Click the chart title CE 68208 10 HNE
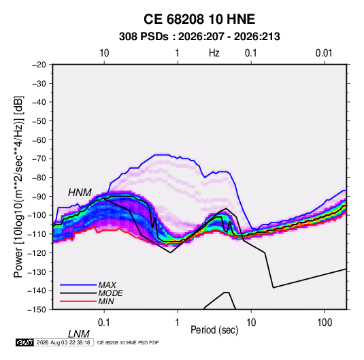[199, 19]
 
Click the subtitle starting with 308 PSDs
[199, 37]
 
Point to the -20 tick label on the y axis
[39, 65]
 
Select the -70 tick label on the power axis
[39, 159]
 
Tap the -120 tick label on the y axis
[37, 253]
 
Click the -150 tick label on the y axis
[37, 310]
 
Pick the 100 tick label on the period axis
[325, 323]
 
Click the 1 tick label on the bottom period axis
[178, 323]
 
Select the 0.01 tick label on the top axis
[324, 53]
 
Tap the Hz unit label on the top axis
[214, 53]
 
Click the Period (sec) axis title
[214, 330]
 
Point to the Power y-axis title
[18, 187]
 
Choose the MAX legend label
[107, 284]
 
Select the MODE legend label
[110, 293]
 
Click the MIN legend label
[106, 301]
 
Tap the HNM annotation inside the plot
[80, 193]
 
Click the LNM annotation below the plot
[79, 334]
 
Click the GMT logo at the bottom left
[25, 342]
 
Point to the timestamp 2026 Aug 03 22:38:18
[63, 342]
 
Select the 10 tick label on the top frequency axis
[104, 53]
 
